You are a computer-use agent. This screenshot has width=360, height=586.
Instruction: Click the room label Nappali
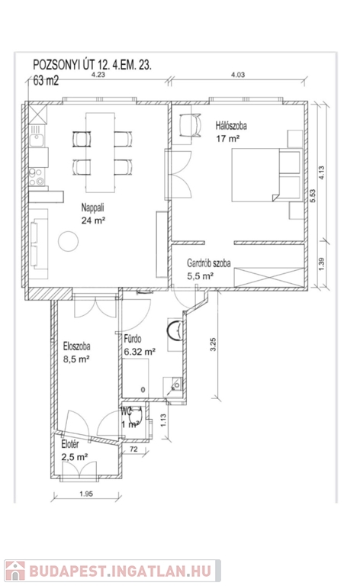(x=92, y=208)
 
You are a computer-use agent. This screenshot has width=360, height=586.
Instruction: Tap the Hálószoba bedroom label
(x=231, y=126)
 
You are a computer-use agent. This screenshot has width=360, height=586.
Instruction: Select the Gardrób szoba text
(x=209, y=263)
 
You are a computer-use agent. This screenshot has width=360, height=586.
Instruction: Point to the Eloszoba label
(x=76, y=346)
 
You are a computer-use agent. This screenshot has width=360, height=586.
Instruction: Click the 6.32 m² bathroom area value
(x=140, y=352)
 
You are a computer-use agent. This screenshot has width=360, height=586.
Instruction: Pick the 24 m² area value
(x=93, y=221)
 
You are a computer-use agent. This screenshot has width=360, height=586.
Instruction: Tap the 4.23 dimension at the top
(x=98, y=74)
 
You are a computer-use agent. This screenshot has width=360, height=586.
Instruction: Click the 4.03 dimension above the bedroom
(x=238, y=75)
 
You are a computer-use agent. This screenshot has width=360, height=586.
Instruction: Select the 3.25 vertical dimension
(x=214, y=344)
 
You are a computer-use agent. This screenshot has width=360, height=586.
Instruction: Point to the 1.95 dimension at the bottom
(x=86, y=494)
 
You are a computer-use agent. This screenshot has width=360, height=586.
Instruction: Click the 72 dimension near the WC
(x=133, y=449)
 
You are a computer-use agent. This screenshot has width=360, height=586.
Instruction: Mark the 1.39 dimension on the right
(x=322, y=264)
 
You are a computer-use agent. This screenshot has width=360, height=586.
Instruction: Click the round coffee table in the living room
(x=69, y=241)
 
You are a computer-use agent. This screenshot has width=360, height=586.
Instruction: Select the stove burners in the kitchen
(x=37, y=177)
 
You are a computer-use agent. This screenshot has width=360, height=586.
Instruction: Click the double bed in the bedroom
(x=267, y=175)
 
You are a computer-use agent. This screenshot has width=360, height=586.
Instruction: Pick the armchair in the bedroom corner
(x=190, y=126)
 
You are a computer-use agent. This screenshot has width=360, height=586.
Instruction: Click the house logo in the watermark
(x=15, y=571)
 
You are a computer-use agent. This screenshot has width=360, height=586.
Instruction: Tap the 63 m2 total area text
(x=46, y=80)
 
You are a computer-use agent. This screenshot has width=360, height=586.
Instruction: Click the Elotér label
(x=70, y=444)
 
